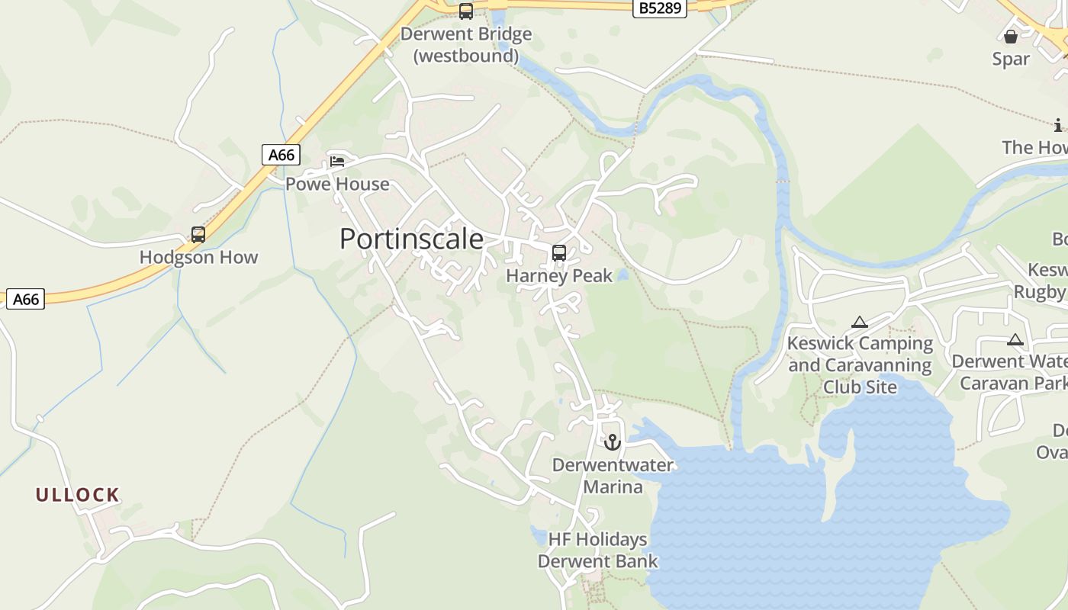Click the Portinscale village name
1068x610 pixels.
[411, 239]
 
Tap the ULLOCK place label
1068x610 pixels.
[78, 495]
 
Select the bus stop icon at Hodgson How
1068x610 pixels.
[198, 235]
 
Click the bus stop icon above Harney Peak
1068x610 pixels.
[559, 253]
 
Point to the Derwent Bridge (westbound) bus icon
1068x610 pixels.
[465, 11]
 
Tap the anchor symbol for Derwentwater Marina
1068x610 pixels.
[612, 442]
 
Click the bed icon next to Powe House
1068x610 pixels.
[337, 161]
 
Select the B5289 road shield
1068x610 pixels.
[661, 8]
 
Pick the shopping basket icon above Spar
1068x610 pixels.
[1011, 37]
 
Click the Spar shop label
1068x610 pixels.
[1011, 59]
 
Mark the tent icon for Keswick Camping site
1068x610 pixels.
[860, 322]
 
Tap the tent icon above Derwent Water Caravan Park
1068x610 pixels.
[1015, 340]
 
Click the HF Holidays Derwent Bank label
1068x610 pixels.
[597, 551]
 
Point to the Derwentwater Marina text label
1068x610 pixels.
[613, 476]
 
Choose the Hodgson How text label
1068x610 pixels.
[198, 258]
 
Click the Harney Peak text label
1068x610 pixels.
[559, 276]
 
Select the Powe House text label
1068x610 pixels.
[337, 185]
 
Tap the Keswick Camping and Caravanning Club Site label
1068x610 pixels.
[860, 365]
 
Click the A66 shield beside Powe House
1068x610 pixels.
[281, 155]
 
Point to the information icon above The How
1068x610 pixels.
[1058, 125]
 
